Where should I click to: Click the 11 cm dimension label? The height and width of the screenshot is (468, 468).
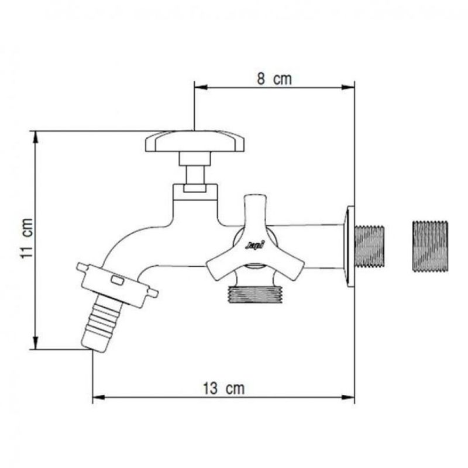pos(24,240)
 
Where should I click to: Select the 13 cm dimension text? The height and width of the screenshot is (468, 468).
pos(223,388)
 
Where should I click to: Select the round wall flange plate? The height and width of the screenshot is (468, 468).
pos(349,246)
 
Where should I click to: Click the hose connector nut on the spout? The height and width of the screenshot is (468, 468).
pos(117,285)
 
